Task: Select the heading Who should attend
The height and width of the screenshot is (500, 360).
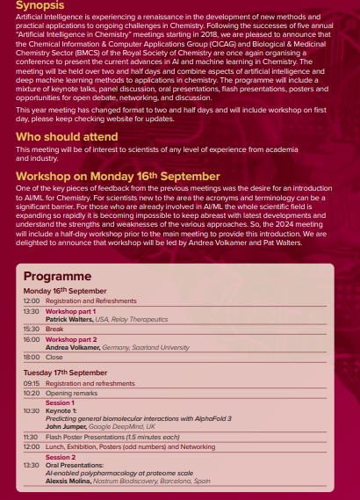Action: (66, 137)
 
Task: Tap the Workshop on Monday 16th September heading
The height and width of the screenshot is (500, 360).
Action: (118, 176)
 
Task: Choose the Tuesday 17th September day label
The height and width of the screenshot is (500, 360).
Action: (65, 372)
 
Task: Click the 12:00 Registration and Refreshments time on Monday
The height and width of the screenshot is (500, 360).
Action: (32, 301)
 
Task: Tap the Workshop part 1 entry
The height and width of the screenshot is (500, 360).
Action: (71, 311)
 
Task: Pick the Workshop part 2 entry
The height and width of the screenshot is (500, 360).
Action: (71, 338)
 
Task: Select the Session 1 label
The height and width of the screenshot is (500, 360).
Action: (61, 402)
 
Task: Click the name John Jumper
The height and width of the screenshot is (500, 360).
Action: (69, 426)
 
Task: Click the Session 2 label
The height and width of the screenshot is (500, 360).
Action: (61, 457)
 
